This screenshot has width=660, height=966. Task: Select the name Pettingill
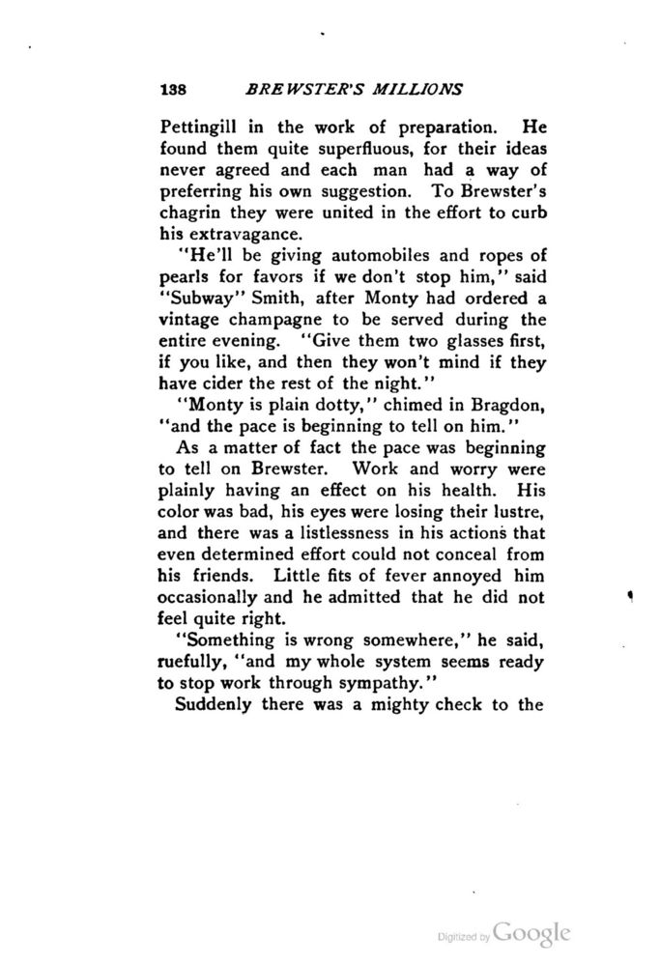[199, 126]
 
